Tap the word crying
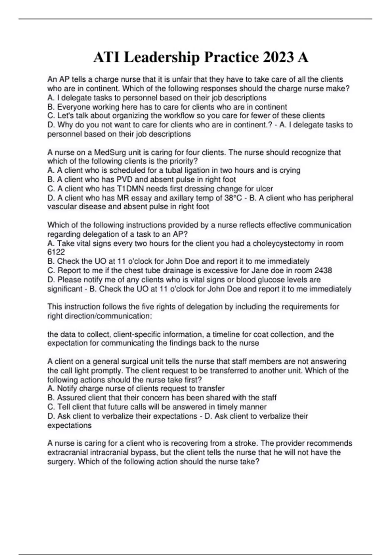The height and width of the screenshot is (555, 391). (289, 170)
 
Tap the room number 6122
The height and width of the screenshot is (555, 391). (56, 252)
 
